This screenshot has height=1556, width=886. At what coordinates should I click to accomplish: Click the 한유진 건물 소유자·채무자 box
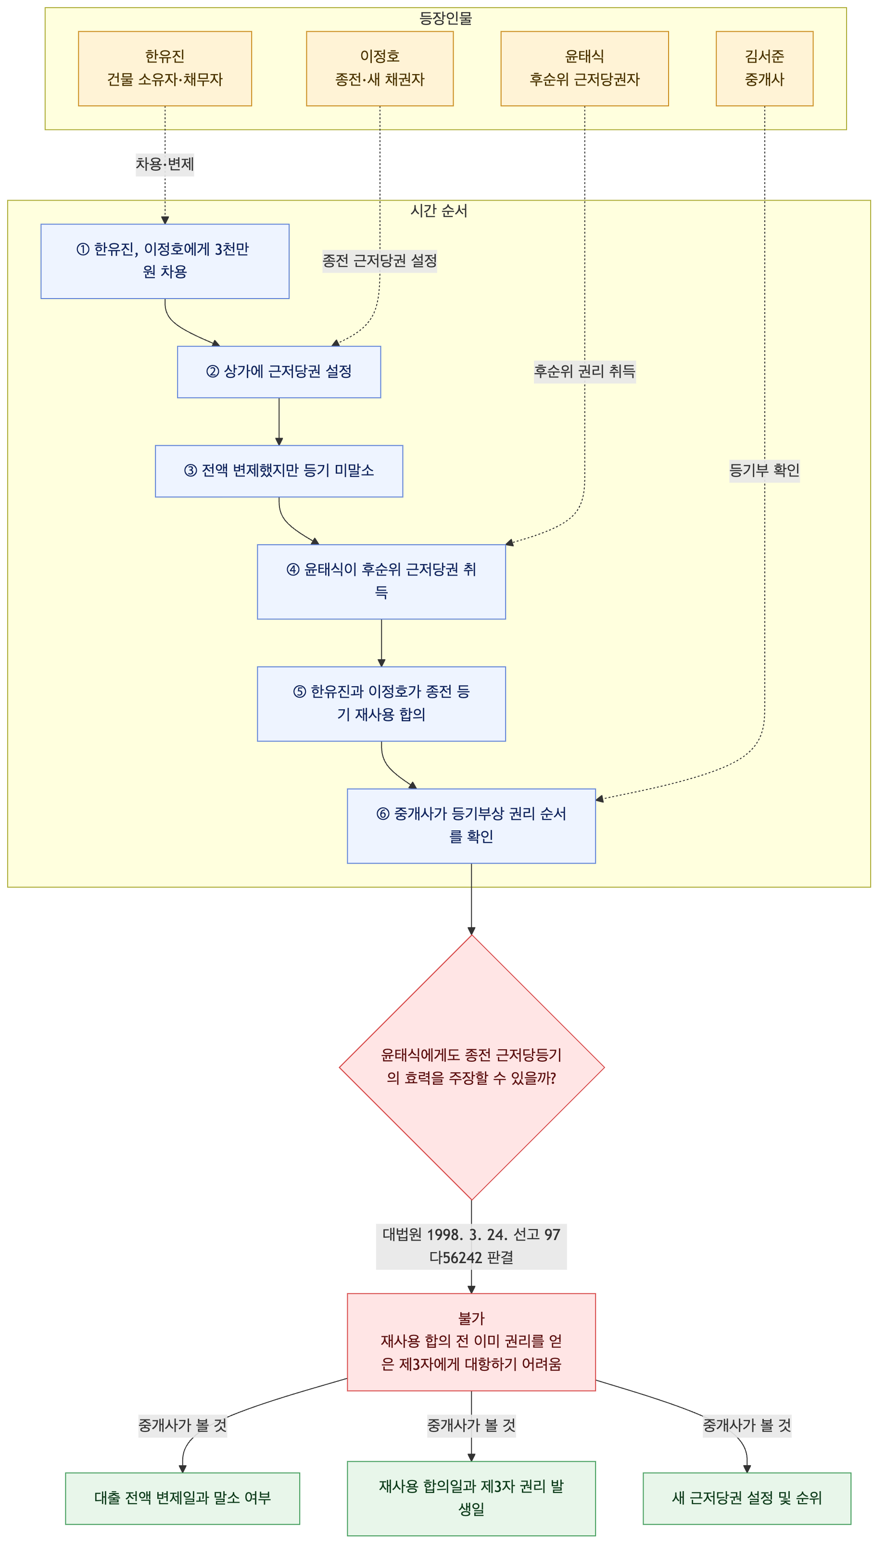click(165, 68)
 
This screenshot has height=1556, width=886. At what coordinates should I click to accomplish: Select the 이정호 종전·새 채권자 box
click(380, 68)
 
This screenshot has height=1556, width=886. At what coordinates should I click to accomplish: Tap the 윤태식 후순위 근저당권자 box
click(584, 68)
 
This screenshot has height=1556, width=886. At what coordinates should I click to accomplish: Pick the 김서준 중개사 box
click(764, 68)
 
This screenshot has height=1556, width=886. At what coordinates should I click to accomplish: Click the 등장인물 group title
click(445, 18)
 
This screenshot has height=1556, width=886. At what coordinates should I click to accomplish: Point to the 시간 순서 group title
click(439, 211)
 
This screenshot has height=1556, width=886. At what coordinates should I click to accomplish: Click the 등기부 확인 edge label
click(764, 470)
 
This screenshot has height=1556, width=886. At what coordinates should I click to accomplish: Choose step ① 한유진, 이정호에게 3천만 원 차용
click(165, 261)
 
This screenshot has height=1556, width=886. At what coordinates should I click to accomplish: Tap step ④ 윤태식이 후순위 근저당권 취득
click(381, 581)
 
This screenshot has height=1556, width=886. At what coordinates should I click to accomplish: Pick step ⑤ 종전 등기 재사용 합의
click(381, 704)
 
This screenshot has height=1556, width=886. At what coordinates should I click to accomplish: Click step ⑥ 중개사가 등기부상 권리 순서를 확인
click(471, 826)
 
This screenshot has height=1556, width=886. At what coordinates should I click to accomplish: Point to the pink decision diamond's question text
click(471, 1067)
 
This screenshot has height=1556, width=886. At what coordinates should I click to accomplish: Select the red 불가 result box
click(471, 1341)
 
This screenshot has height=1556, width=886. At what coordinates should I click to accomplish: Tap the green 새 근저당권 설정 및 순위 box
click(747, 1498)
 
